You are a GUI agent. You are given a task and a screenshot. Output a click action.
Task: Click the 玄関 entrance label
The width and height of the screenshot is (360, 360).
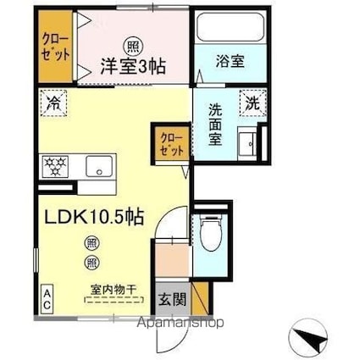(169, 298)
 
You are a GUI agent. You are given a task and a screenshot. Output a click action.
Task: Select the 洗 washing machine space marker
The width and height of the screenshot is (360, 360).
(252, 102)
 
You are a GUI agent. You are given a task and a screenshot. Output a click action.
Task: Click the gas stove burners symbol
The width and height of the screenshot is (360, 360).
(56, 164)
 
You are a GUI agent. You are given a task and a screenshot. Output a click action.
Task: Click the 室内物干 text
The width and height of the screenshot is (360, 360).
(112, 290)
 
